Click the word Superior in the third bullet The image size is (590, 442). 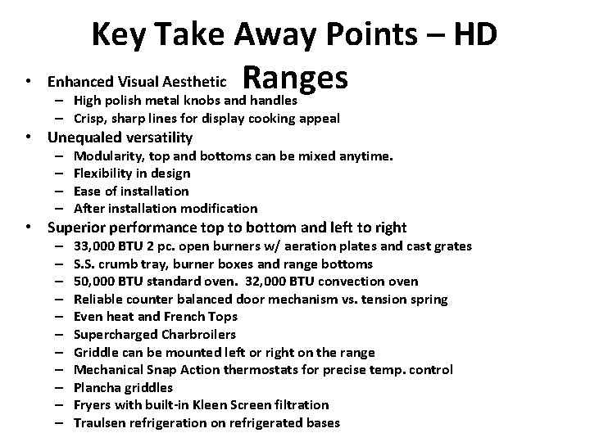tap(76, 228)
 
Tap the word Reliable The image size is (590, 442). tap(98, 299)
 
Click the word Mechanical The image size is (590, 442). tap(107, 369)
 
